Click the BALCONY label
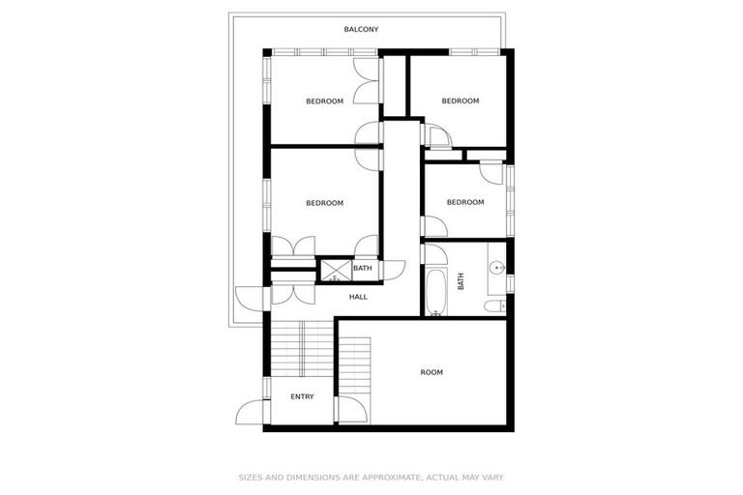point(361,29)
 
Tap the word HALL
point(358,297)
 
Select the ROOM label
point(431,372)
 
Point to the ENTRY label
point(302,396)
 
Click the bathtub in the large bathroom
point(435,293)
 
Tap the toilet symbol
point(494,306)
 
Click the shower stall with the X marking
point(335,270)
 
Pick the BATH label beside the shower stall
point(362,268)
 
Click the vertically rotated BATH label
point(461,280)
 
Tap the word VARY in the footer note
point(491,477)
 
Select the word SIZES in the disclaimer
point(251,477)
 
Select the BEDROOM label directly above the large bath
point(464,202)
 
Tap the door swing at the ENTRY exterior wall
point(252,411)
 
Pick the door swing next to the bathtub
point(432,253)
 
